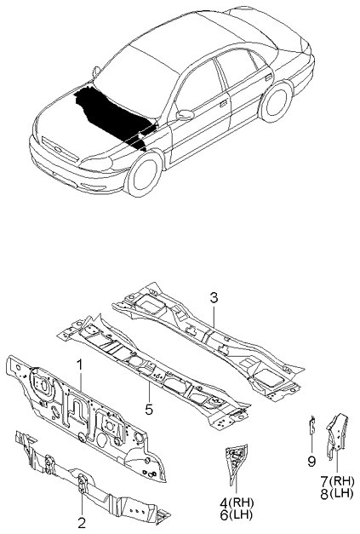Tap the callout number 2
(82, 522)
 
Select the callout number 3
(214, 297)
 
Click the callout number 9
(311, 461)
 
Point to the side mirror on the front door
(185, 115)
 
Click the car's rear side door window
(232, 72)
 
